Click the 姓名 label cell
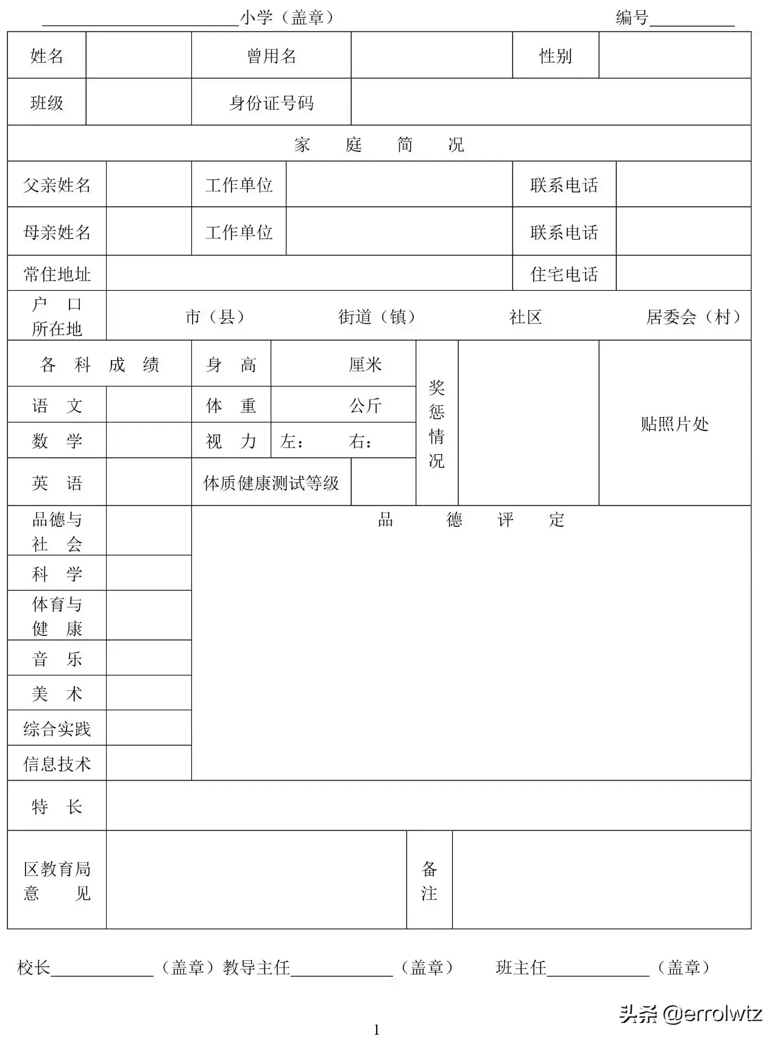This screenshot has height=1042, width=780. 47,56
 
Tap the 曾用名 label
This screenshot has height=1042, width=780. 271,56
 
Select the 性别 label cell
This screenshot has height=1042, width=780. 555,56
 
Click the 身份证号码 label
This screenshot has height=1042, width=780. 271,103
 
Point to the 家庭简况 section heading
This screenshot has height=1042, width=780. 378,145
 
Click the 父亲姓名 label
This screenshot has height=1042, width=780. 57,185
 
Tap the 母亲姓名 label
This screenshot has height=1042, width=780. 57,232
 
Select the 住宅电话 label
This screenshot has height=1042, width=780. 564,274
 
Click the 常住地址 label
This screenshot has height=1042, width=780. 57,274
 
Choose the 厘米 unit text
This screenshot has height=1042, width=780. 365,365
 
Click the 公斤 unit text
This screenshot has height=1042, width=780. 365,405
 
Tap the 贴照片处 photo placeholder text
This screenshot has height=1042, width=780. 675,424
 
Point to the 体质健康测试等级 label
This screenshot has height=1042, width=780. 271,483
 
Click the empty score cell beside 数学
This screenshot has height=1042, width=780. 149,440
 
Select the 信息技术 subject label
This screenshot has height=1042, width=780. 57,763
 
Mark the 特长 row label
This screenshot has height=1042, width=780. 57,807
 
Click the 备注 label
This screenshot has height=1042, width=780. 429,880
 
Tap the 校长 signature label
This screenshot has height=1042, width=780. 34,967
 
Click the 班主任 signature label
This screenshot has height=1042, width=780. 521,967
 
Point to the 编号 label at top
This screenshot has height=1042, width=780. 632,18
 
